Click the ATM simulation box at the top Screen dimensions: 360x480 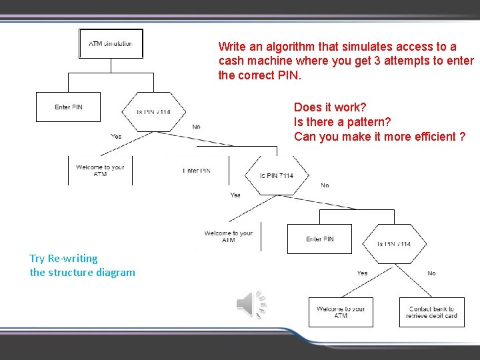pos(111,44)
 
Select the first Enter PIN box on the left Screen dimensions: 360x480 pos(68,107)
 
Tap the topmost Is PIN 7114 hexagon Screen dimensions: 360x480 pos(153,111)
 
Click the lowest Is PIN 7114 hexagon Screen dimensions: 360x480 pos(394,243)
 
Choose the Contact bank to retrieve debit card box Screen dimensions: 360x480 pos(431,312)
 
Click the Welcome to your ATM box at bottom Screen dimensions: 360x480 pos(341,312)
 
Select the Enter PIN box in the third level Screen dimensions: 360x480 pos(320,239)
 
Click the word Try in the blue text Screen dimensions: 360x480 pos(37,259)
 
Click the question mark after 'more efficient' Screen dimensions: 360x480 pos(462,137)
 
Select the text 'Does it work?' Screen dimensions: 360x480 pos(330,107)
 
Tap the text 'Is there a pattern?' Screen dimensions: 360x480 pos(342,122)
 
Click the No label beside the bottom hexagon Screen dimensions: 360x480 pos(431,273)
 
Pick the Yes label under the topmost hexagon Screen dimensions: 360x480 pos(116,136)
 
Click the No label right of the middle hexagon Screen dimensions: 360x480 pos(324,185)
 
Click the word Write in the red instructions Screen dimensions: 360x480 pos(232,47)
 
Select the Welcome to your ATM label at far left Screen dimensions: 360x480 pos(100,170)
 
